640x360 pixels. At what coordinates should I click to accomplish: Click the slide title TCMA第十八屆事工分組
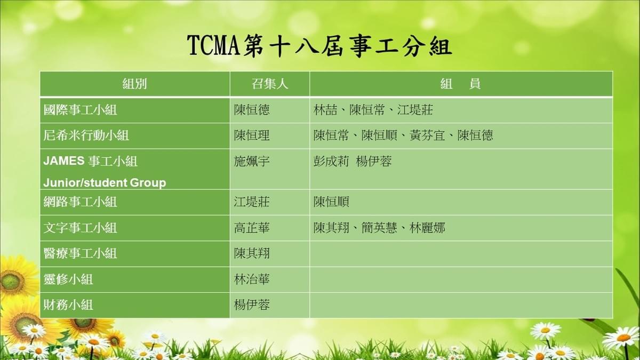[x=319, y=46]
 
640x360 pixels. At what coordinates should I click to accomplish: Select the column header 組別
[x=134, y=84]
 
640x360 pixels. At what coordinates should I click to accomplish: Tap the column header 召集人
[x=270, y=84]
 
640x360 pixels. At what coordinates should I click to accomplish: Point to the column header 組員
[x=461, y=84]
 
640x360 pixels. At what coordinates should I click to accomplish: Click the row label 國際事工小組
[x=81, y=110]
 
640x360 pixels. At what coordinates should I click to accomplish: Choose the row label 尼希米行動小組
[x=86, y=135]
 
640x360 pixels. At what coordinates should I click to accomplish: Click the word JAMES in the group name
[x=63, y=161]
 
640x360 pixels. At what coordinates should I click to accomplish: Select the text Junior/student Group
[x=105, y=183]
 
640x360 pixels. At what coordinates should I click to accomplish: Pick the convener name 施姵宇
[x=252, y=162]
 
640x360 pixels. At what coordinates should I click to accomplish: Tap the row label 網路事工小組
[x=81, y=202]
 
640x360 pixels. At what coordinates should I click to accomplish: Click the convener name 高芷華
[x=252, y=228]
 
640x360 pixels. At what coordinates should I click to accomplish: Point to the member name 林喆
[x=325, y=110]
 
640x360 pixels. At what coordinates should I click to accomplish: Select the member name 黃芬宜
[x=427, y=135]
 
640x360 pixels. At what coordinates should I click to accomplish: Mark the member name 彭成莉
[x=331, y=162]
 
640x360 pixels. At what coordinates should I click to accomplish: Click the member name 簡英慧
[x=379, y=228]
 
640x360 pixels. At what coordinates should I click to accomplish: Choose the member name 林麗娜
[x=427, y=228]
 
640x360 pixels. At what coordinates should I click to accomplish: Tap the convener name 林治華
[x=252, y=279]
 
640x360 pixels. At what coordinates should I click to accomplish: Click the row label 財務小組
[x=68, y=305]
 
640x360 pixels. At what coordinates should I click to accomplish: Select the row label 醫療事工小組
[x=81, y=253]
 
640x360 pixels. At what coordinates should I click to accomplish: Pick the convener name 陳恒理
[x=252, y=135]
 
